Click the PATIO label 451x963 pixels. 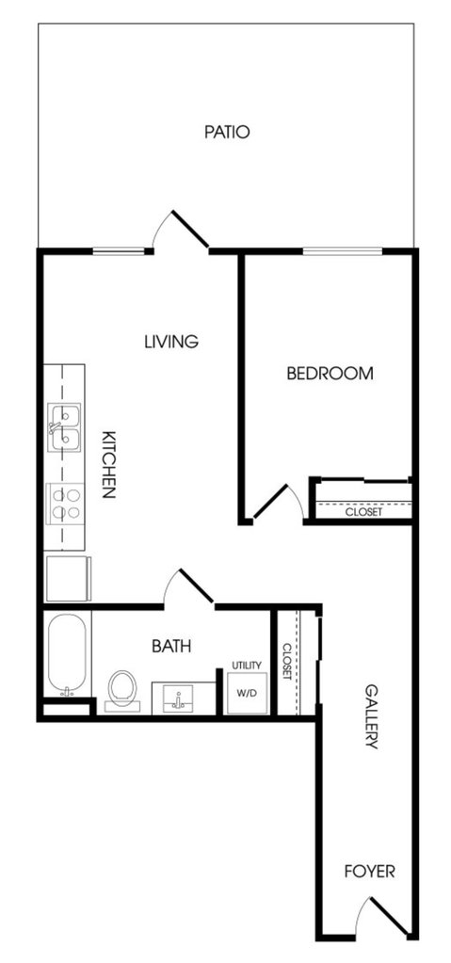pos(227,132)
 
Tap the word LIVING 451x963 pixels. pos(171,341)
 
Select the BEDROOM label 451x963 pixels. pos(330,373)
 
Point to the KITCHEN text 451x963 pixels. pos(108,463)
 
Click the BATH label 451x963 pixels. pos(171,646)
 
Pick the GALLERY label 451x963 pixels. pos(371,716)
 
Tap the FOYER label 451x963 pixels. pos(369,871)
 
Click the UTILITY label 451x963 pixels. pos(247,666)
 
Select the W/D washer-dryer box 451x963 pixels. pos(247,693)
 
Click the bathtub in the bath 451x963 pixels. pos(67,653)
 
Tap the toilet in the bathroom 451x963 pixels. pos(122,690)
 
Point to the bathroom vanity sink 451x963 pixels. pos(178,698)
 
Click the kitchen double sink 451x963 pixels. pos(65,427)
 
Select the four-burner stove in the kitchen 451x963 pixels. pos(65,504)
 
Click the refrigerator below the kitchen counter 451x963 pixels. pos(68,578)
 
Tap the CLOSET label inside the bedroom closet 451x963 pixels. pos(363,511)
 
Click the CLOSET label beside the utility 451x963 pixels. pos(287,661)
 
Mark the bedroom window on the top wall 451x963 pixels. pos(342,250)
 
